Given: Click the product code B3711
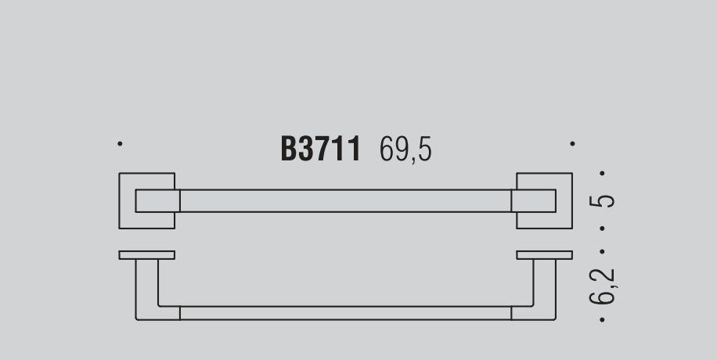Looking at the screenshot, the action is [321, 149].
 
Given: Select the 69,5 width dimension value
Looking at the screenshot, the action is [405, 149].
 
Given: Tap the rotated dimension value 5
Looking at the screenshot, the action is [602, 201].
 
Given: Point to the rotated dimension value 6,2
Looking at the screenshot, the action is [603, 286].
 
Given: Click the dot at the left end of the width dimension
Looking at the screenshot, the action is [120, 144].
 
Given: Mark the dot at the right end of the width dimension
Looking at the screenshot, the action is [572, 144].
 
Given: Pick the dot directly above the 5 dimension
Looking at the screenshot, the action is [602, 173].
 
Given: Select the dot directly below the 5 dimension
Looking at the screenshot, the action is [602, 229].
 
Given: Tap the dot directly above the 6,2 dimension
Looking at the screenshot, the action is [602, 251].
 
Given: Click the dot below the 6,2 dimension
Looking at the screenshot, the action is [602, 320].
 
